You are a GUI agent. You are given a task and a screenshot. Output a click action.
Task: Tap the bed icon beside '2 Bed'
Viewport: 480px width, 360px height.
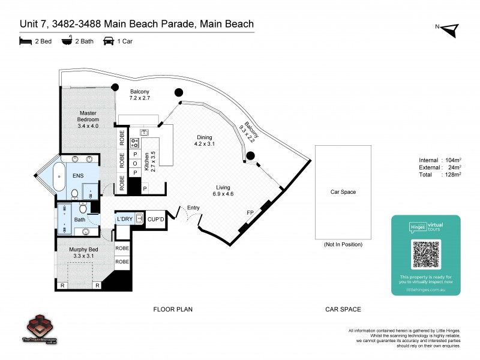pos(25,41)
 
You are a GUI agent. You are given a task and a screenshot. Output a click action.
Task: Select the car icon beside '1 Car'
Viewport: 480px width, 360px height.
pos(109,41)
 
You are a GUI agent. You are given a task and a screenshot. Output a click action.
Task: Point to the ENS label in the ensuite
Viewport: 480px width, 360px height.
pos(78,175)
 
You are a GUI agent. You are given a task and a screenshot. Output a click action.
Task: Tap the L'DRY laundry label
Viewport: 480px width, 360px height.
pos(125,219)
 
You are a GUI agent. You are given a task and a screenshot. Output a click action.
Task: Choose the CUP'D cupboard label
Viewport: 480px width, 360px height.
pos(156,220)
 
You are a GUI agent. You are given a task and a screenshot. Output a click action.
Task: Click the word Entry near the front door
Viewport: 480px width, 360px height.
pos(194,208)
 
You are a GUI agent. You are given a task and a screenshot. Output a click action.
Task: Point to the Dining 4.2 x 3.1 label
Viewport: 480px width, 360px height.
pos(204,140)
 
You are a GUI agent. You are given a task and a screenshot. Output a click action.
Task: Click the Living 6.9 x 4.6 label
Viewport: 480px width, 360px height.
pos(224,191)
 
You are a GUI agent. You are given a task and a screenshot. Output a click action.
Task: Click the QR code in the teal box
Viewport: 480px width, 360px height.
pos(425,254)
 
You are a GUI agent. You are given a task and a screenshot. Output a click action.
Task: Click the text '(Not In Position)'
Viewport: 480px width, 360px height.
pos(343,245)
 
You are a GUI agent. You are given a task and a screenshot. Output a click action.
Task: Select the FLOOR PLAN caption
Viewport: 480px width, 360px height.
pos(173,309)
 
